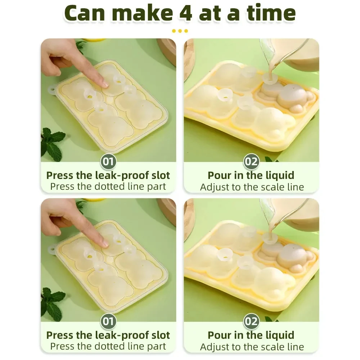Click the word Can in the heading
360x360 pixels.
point(85,13)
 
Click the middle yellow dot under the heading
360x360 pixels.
point(180,31)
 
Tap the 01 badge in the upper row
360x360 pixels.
point(108,161)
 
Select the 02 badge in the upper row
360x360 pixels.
point(251,161)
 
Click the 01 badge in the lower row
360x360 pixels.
point(108,321)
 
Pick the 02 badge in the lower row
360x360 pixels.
point(251,321)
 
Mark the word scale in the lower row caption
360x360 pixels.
point(273,347)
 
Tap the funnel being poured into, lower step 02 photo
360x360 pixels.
point(270,239)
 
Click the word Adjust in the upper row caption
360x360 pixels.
point(215,187)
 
